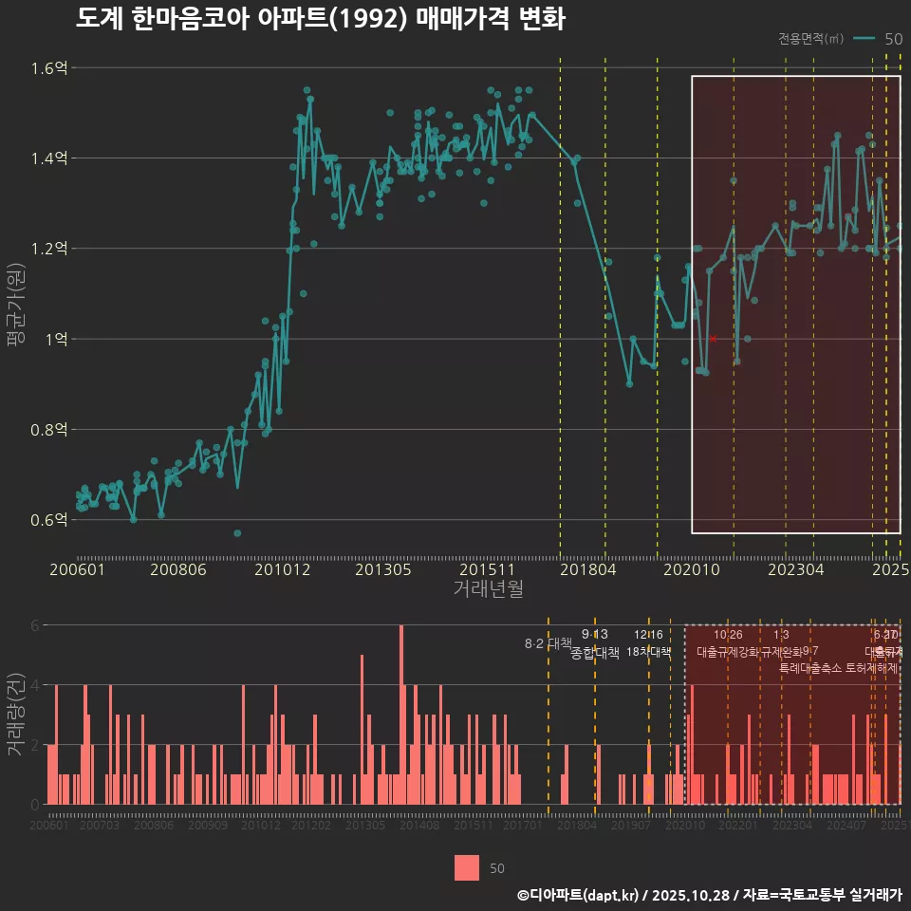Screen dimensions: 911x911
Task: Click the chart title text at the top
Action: pyautogui.click(x=320, y=20)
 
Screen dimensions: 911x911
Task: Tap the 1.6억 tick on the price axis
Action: pyautogui.click(x=48, y=68)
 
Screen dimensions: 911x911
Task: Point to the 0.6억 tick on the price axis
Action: pyautogui.click(x=48, y=520)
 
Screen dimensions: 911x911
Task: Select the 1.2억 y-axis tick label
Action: pyautogui.click(x=48, y=249)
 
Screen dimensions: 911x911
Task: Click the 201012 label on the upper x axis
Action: pyautogui.click(x=283, y=570)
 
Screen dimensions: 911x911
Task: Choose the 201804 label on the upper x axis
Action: pyautogui.click(x=586, y=570)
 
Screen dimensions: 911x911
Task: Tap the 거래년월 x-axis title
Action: pyautogui.click(x=488, y=590)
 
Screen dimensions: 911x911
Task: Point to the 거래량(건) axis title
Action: pyautogui.click(x=16, y=715)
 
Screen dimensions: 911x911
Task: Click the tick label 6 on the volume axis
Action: pyautogui.click(x=34, y=625)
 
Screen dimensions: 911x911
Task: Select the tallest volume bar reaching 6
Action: pyautogui.click(x=401, y=714)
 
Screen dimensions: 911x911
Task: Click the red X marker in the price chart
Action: pyautogui.click(x=713, y=339)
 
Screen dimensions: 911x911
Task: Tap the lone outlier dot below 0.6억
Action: pyautogui.click(x=237, y=533)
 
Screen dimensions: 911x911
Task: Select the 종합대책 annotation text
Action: pyautogui.click(x=595, y=652)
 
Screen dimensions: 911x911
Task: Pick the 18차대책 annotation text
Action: pyautogui.click(x=649, y=652)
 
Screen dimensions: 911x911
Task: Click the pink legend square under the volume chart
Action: pyautogui.click(x=466, y=867)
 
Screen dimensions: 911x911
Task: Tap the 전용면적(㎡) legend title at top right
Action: pyautogui.click(x=810, y=39)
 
